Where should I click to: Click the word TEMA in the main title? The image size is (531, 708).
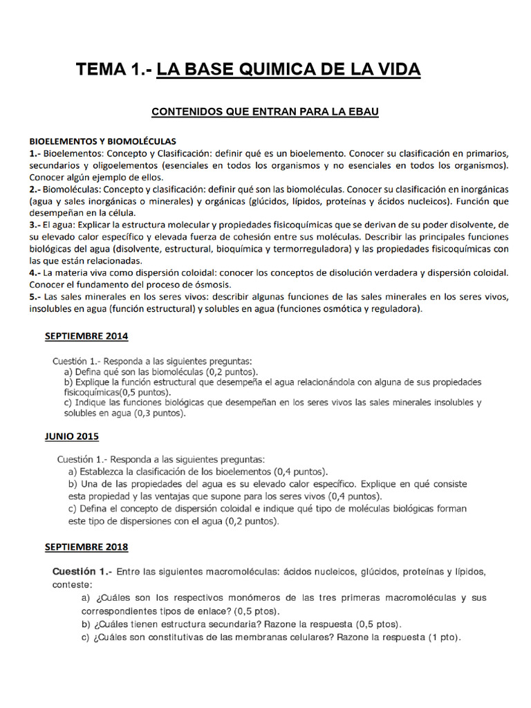pyautogui.click(x=100, y=70)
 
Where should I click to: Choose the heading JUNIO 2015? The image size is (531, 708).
pyautogui.click(x=72, y=436)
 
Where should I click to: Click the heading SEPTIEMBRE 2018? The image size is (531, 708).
pyautogui.click(x=86, y=547)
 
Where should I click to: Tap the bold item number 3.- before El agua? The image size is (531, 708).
pyautogui.click(x=35, y=225)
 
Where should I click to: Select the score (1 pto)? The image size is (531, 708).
pyautogui.click(x=445, y=637)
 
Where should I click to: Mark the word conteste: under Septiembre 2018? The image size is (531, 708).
pyautogui.click(x=71, y=584)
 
